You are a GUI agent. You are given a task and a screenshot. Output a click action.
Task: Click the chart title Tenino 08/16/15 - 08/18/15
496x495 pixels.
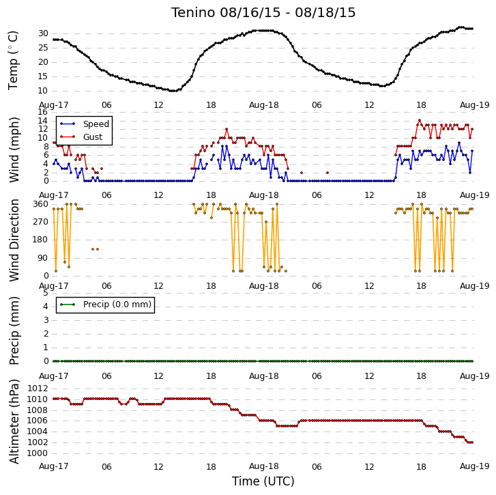click(263, 13)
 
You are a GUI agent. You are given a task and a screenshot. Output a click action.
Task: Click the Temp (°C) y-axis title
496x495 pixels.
click(13, 61)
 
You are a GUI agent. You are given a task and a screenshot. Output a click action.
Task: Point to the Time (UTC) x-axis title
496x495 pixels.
click(263, 481)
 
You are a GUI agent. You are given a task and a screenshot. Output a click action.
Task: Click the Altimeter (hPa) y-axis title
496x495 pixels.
click(14, 421)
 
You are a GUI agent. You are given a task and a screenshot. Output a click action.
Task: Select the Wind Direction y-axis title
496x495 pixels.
click(14, 240)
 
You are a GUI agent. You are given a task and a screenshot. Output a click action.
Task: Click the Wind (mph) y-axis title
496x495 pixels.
click(14, 150)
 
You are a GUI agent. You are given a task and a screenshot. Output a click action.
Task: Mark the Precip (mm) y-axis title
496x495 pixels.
click(14, 330)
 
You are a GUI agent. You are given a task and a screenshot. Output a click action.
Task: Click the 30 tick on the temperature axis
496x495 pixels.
click(43, 33)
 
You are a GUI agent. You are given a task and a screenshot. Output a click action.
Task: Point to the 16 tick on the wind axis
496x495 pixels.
click(43, 112)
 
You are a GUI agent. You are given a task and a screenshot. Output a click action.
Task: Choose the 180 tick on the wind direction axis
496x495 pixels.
click(40, 240)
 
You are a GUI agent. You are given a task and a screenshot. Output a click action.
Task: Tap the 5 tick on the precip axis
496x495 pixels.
click(46, 293)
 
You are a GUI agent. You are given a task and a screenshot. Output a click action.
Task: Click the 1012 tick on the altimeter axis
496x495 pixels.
click(38, 388)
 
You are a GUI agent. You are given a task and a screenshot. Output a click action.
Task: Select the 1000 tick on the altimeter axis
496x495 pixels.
click(38, 453)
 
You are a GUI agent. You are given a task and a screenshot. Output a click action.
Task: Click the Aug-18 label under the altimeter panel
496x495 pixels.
click(263, 466)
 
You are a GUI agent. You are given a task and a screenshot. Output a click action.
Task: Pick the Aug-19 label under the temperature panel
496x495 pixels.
click(474, 105)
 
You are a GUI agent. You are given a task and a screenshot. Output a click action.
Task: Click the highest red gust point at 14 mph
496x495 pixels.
click(420, 120)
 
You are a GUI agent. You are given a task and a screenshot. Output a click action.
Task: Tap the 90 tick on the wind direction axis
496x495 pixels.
click(43, 258)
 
